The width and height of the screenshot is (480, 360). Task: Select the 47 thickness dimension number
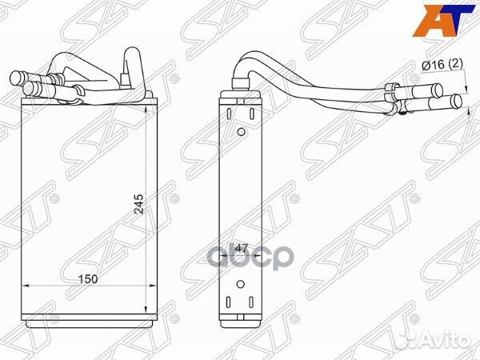pyautogui.click(x=242, y=251)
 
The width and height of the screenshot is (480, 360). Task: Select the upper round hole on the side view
pyautogui.click(x=240, y=131)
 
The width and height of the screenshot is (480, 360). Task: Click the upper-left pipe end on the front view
pyautogui.click(x=18, y=78)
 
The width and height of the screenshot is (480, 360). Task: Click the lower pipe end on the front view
pyautogui.click(x=30, y=86)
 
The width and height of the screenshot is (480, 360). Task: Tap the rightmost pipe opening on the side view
pyautogui.click(x=458, y=101)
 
